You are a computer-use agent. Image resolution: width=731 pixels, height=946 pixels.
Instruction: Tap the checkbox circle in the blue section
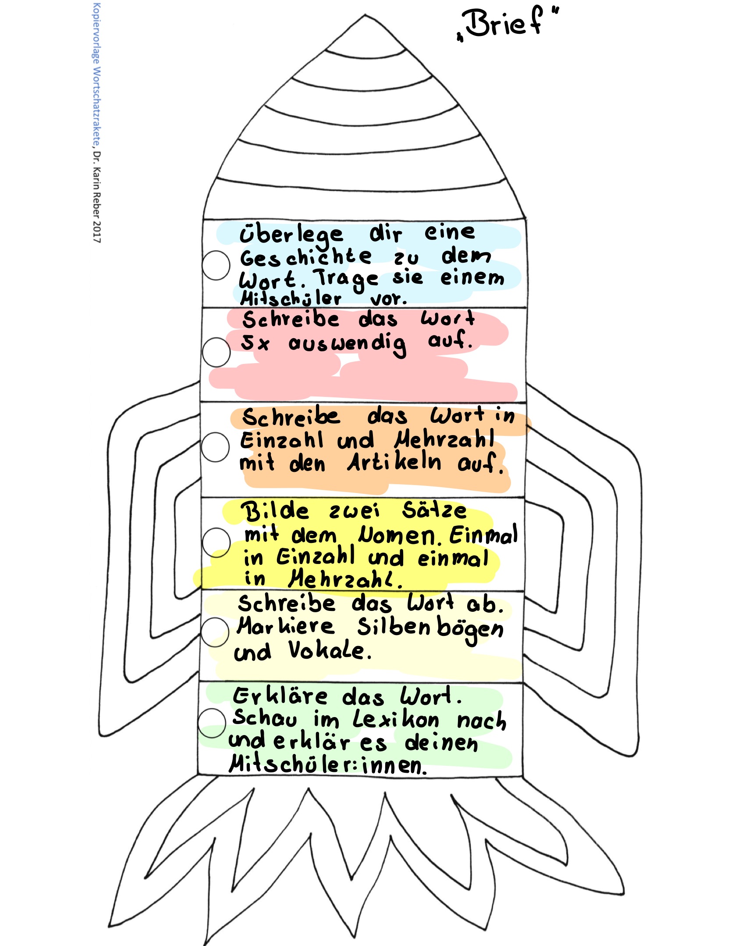coord(216,265)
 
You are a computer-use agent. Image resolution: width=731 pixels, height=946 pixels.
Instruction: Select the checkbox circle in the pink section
coord(216,352)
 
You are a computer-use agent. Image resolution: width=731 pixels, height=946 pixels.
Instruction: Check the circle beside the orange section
coord(215,447)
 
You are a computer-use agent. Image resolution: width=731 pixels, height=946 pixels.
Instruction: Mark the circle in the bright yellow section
coord(216,542)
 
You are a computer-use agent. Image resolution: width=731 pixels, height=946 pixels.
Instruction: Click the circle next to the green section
coord(212,723)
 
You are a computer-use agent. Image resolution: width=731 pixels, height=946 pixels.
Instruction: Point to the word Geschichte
coord(306,257)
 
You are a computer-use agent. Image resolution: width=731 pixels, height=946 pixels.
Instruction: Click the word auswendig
coord(347,343)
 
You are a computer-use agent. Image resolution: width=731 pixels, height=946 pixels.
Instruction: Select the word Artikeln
coord(394,463)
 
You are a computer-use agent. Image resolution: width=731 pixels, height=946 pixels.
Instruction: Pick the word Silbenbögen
coord(430,628)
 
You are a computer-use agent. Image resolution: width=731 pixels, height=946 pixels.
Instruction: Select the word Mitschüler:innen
coord(327,765)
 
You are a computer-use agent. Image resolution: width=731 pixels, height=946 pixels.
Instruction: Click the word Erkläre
coord(280,696)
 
